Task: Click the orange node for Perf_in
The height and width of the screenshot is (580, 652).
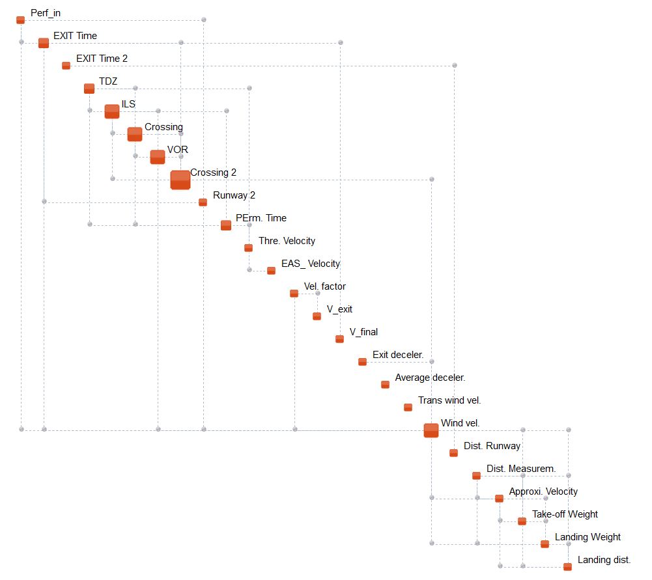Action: [20, 20]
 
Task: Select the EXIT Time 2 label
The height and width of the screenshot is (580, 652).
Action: [102, 59]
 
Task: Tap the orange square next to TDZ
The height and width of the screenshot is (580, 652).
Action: [89, 89]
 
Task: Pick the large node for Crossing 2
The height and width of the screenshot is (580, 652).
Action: [180, 180]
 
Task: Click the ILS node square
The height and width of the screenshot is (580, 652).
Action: [112, 111]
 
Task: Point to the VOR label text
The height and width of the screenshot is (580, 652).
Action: [177, 150]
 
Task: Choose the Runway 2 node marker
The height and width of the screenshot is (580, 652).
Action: [203, 202]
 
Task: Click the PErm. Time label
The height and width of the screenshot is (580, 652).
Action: [261, 218]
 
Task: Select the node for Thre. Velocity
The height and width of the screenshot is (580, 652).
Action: [248, 248]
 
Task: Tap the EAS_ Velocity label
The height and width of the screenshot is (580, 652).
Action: [310, 264]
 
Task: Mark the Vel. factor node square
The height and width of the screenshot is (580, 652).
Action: [294, 294]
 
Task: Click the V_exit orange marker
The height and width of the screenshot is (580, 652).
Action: [317, 316]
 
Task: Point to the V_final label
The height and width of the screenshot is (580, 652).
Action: [363, 332]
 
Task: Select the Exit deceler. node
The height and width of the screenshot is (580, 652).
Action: [362, 362]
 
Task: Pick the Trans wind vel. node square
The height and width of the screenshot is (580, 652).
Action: [408, 407]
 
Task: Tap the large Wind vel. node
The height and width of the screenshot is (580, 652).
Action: [431, 430]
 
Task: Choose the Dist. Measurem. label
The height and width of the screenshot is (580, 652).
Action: [520, 469]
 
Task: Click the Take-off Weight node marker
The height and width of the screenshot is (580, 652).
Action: [522, 521]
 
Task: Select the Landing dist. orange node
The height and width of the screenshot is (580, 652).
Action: [567, 567]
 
